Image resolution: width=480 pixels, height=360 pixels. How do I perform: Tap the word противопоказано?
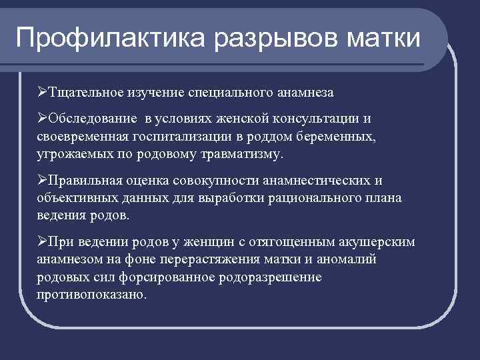[x=91, y=295]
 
